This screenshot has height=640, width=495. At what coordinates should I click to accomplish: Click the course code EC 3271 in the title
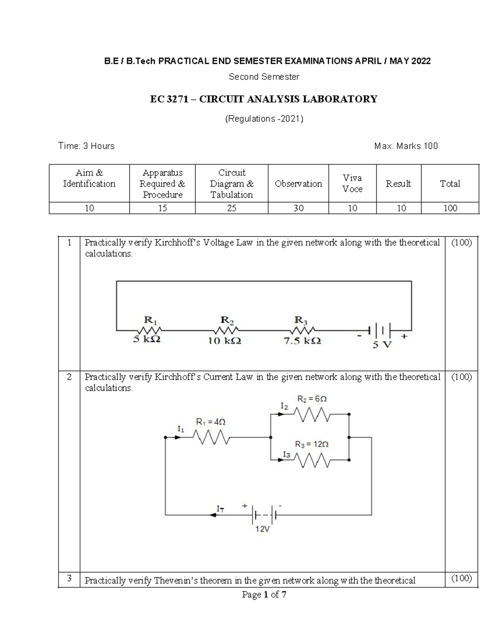click(x=168, y=99)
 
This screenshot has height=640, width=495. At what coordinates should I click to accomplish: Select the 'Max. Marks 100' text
click(x=406, y=146)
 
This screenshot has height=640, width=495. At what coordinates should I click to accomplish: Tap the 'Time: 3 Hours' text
click(x=86, y=146)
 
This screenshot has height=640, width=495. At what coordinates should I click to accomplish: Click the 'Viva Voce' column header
click(x=352, y=183)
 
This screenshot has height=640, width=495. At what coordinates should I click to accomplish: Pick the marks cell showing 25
click(x=231, y=208)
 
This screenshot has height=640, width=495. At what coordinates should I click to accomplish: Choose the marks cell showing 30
click(x=298, y=208)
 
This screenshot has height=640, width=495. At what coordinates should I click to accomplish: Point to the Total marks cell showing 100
click(x=450, y=208)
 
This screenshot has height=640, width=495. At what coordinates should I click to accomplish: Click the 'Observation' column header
click(x=298, y=184)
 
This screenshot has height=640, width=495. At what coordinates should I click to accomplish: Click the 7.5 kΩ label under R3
click(x=303, y=341)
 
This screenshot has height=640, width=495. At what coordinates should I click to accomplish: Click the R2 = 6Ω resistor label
click(x=312, y=399)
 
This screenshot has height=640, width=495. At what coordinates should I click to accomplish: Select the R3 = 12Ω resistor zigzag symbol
click(x=312, y=460)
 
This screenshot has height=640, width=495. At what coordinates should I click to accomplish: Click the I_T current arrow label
click(x=221, y=509)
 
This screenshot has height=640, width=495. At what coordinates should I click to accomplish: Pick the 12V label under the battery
click(x=262, y=529)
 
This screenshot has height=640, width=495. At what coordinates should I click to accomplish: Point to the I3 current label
click(x=286, y=454)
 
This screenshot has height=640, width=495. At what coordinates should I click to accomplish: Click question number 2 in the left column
click(x=69, y=377)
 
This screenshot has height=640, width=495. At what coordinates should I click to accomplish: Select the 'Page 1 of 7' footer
click(x=264, y=595)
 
